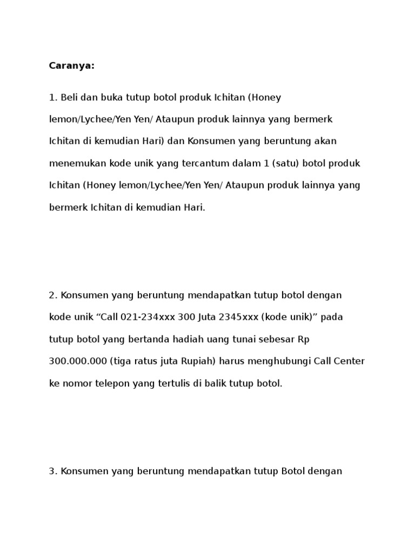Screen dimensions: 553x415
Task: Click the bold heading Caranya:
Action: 71,66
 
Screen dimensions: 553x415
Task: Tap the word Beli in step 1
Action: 69,98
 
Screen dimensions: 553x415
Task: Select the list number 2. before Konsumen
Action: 53,295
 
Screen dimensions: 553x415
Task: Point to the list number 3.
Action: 53,471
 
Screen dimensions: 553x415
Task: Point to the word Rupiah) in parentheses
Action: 199,361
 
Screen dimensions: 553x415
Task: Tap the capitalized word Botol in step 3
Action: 294,471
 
